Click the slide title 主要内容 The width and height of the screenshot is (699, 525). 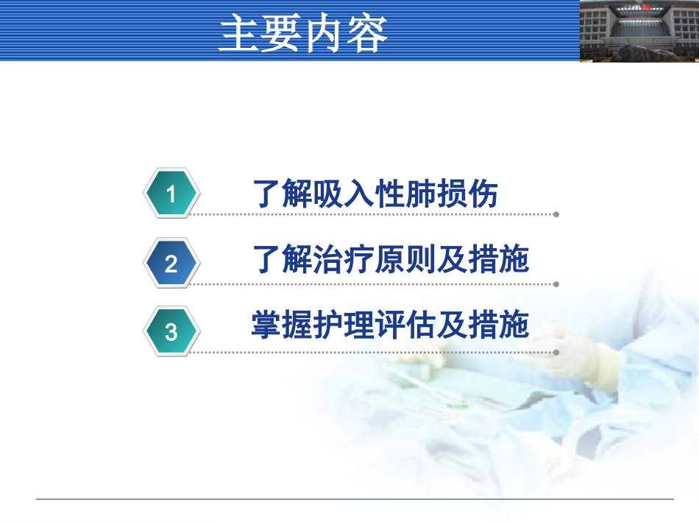coord(303,32)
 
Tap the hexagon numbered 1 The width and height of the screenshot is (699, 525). coord(171,193)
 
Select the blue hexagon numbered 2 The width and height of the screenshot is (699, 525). coord(171,263)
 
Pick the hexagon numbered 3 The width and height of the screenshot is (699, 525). coord(171,331)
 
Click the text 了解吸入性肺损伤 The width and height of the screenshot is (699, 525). coord(375,194)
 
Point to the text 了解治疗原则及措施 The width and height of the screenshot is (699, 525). coord(391,259)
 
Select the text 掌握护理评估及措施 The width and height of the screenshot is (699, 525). coord(390,324)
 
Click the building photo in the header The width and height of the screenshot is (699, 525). coord(639,31)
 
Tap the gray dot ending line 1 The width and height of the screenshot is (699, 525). coord(556,214)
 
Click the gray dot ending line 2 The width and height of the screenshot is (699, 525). coord(556,284)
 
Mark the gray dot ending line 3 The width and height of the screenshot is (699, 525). coord(556,353)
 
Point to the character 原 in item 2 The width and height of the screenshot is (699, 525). coord(390,259)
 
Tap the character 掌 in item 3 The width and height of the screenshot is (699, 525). coord(266,324)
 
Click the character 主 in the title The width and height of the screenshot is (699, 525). coord(239,33)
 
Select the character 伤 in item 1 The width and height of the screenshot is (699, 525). coord(483,194)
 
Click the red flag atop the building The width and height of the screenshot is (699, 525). coord(647,6)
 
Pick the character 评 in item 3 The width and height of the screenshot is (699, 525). coord(390,324)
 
